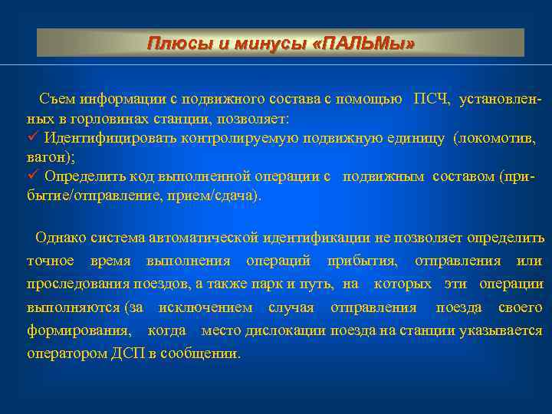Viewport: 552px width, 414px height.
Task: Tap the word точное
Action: [51, 261]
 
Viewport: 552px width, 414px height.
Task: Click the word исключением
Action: [205, 307]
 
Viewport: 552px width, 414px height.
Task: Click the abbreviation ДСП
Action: [124, 354]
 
